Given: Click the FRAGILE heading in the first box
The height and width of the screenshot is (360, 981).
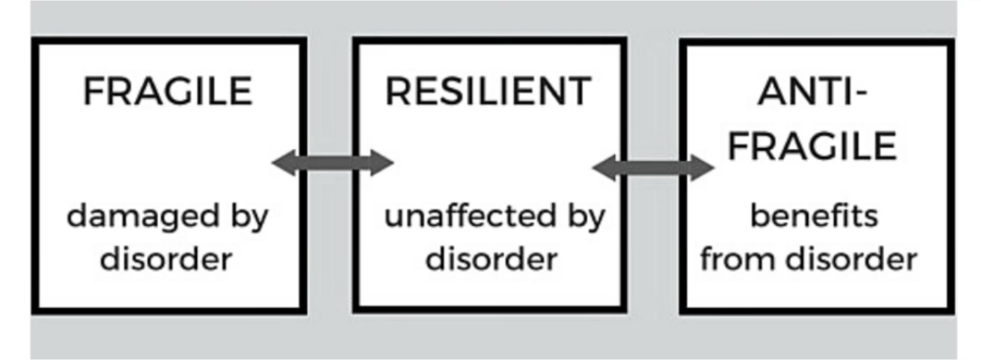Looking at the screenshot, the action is (168, 91).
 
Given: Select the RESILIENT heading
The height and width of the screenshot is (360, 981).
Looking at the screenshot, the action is (488, 91).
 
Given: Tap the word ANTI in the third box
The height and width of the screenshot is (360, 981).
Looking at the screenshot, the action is (803, 91).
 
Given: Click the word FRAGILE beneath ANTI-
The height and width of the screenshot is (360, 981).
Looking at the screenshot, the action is (812, 146).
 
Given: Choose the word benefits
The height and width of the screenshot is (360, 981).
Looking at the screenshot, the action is (814, 217).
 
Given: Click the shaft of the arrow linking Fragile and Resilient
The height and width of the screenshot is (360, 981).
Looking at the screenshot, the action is (333, 164).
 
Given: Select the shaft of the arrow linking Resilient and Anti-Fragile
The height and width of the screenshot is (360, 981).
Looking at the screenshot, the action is (652, 168).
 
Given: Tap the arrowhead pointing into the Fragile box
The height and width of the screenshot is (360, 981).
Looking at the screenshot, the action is (284, 164).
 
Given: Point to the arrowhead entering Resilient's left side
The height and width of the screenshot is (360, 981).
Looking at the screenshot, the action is (381, 164).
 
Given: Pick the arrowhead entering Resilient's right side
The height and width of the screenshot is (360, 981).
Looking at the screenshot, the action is (604, 168).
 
